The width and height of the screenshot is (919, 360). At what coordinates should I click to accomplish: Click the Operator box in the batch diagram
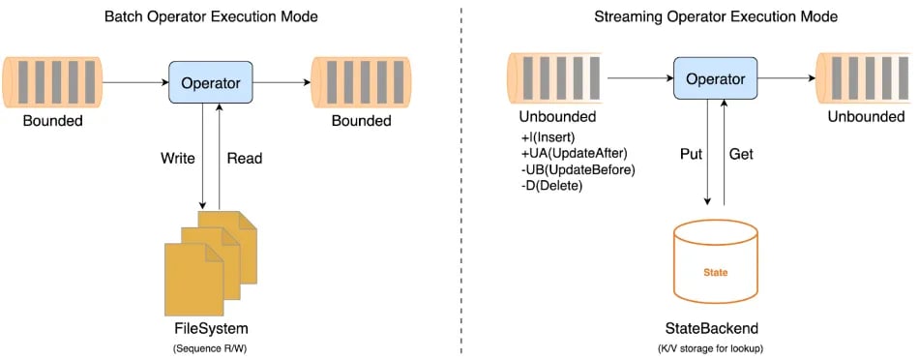(x=211, y=82)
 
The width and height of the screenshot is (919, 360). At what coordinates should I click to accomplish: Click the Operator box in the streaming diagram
(x=717, y=76)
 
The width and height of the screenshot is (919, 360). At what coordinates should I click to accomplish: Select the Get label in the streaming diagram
(x=742, y=153)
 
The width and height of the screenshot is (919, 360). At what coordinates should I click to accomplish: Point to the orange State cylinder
(x=715, y=258)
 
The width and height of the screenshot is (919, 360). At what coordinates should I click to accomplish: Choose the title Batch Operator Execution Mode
(x=211, y=15)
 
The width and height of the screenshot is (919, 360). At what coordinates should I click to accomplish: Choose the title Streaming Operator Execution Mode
(x=715, y=15)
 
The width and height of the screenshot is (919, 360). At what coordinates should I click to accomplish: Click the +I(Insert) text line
(x=548, y=137)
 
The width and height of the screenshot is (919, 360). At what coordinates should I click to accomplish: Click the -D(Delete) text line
(x=550, y=184)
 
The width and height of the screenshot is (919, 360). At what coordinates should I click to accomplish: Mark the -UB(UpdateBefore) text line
(x=577, y=168)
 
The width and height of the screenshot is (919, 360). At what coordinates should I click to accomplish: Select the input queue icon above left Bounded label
(x=52, y=83)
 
